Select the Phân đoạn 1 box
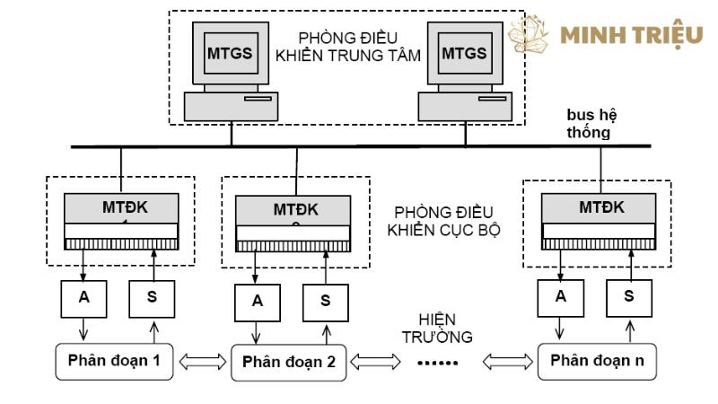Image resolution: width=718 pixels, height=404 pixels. tap(114, 361)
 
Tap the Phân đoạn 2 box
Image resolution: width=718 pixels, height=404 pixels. tap(288, 363)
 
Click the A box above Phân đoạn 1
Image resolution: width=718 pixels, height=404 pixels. tap(83, 297)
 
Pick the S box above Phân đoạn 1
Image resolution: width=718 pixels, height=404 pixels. tap(148, 297)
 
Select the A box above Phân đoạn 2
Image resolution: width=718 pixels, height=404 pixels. tap(258, 302)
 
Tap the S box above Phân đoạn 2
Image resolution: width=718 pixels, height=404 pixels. tap(323, 302)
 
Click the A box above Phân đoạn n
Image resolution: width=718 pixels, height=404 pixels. tap(562, 294)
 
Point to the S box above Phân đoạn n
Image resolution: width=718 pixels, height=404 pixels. tap(628, 294)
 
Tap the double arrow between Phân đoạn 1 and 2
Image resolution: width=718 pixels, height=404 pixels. tap(202, 362)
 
